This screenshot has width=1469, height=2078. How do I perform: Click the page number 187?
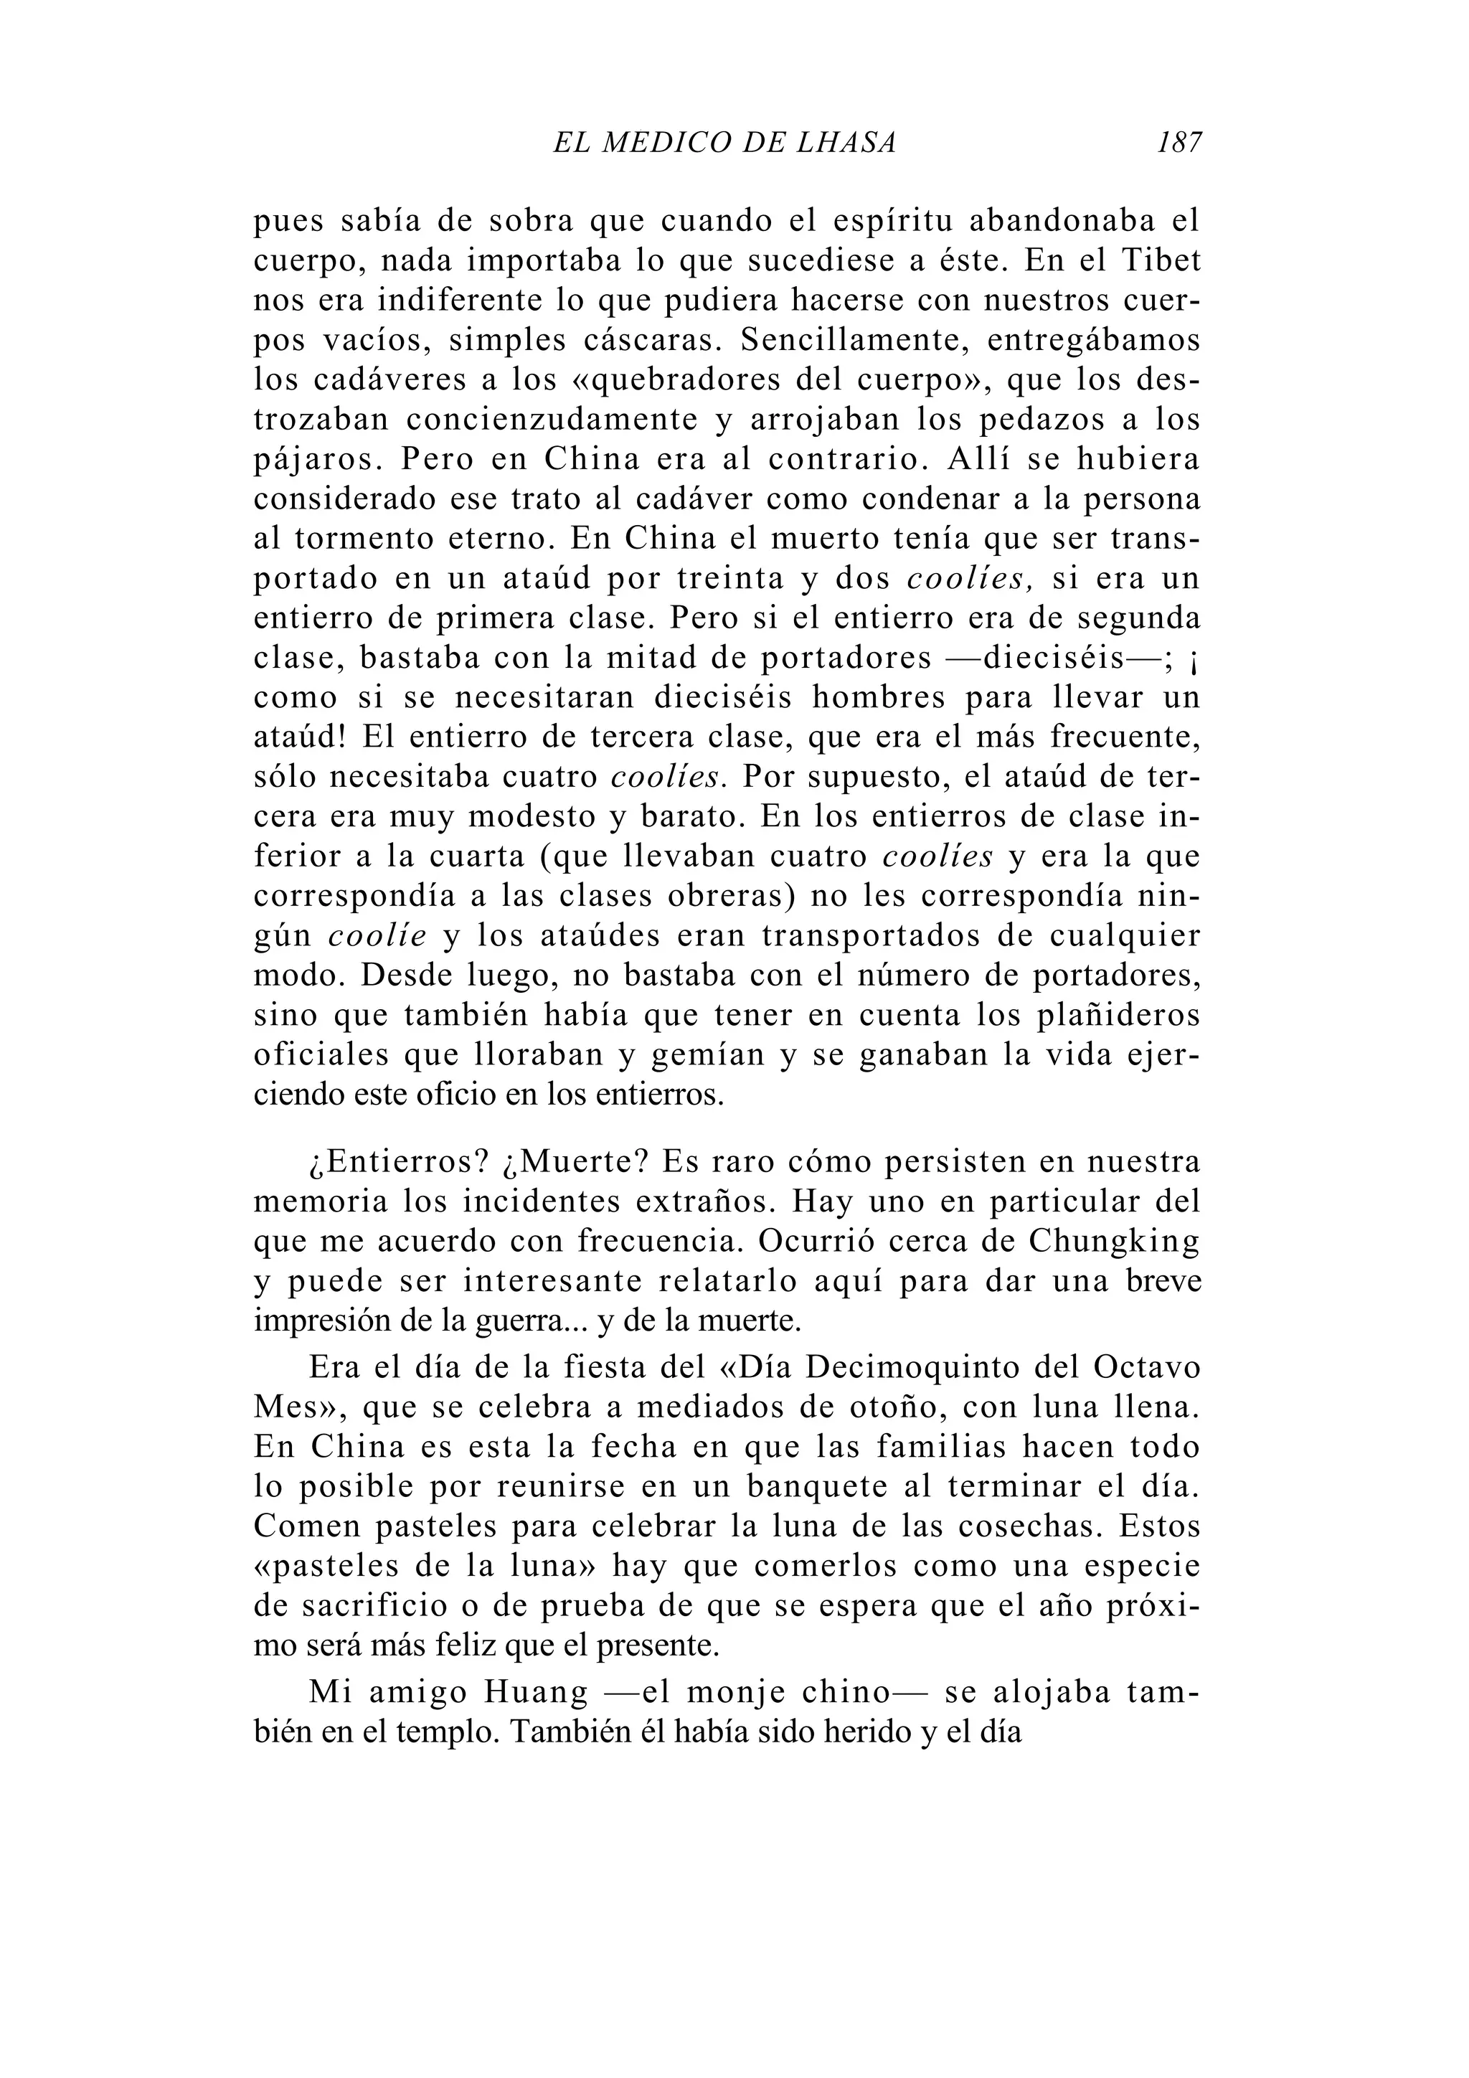click(x=1178, y=142)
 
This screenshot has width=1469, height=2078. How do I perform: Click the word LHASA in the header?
click(x=846, y=142)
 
